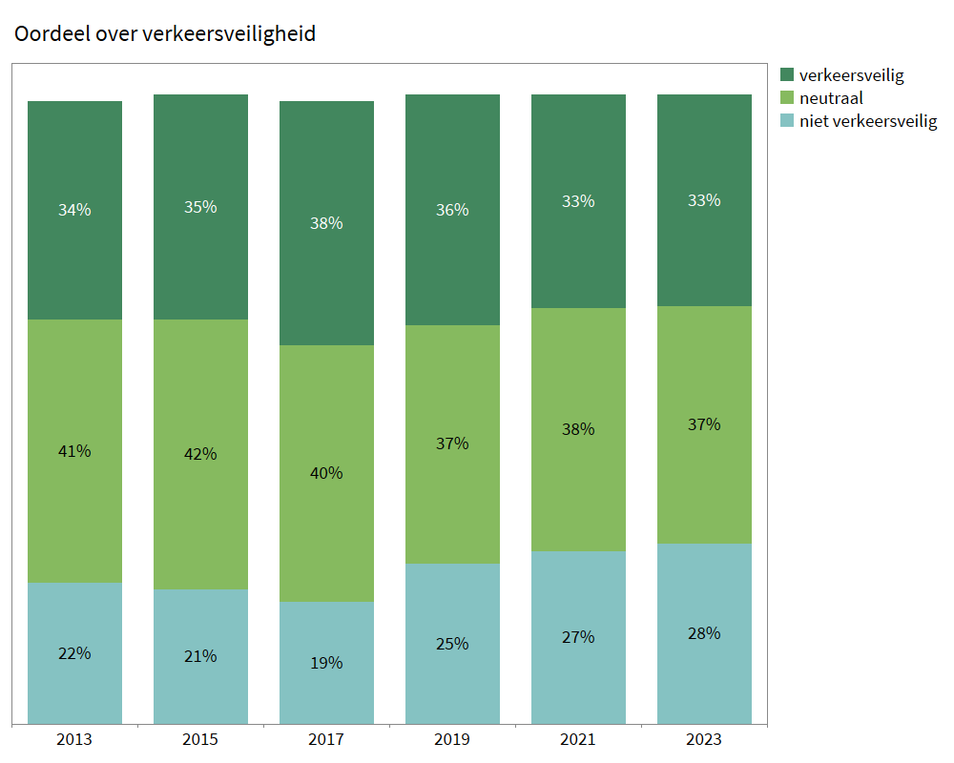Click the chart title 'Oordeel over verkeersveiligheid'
[x=164, y=34]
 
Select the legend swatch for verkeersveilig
[x=787, y=74]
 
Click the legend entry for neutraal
[x=831, y=97]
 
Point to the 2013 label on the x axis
[x=74, y=739]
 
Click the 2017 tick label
[x=326, y=739]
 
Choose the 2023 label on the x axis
[x=704, y=739]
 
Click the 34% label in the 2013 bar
[x=74, y=210]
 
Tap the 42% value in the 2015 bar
[x=200, y=454]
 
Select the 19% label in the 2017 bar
[x=326, y=663]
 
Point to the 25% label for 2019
[x=452, y=644]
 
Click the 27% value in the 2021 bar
[x=578, y=637]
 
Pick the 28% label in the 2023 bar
[x=704, y=633]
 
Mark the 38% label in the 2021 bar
[x=578, y=429]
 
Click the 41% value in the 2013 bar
[x=74, y=451]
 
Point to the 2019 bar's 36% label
[x=452, y=210]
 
